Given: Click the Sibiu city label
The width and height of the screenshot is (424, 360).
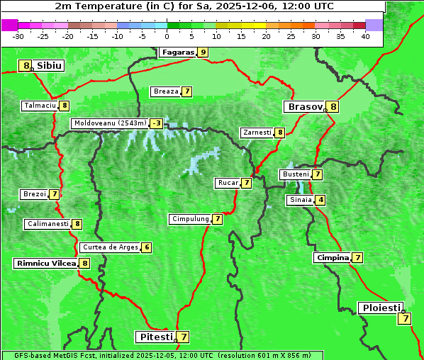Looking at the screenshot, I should [x=50, y=66].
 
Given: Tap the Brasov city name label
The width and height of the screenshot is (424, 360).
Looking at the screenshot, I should [x=304, y=107].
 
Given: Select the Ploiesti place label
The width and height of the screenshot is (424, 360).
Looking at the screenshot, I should [x=381, y=308].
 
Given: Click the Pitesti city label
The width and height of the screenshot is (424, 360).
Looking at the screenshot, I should [x=154, y=337].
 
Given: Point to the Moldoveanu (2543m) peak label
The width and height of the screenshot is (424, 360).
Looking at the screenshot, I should [x=109, y=123].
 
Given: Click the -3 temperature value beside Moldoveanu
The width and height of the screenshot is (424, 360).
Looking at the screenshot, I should [x=156, y=123].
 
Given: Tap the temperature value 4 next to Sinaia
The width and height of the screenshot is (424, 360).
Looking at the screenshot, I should [x=320, y=200].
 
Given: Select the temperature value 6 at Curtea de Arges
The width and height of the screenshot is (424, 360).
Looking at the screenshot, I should [x=146, y=247].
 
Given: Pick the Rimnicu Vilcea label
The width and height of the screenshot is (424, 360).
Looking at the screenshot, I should [x=46, y=263].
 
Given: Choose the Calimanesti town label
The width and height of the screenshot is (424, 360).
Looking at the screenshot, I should [x=47, y=224].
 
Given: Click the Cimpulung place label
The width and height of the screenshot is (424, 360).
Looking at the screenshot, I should [x=190, y=219].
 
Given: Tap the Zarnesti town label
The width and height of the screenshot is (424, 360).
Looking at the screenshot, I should [x=257, y=133].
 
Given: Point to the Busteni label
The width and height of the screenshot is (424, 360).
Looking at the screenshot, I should [x=295, y=174].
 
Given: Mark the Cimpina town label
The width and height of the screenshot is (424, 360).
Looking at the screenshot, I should [x=332, y=258].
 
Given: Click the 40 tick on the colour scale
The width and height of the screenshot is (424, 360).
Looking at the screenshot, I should [x=365, y=36].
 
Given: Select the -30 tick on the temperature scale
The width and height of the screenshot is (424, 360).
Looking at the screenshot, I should [x=18, y=36].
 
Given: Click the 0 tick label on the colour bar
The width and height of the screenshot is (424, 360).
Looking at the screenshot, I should [x=167, y=36].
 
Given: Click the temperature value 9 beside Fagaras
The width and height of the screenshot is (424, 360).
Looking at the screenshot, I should [x=203, y=52].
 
